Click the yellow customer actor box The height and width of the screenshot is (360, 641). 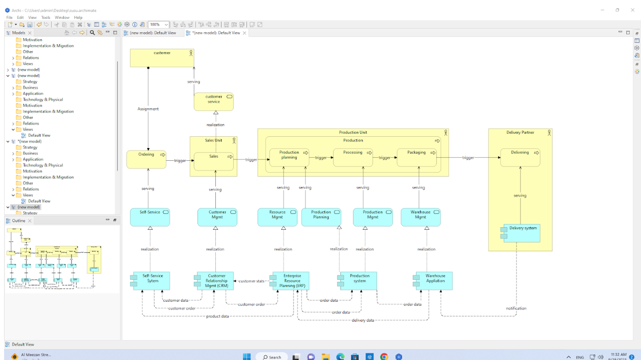tap(162, 58)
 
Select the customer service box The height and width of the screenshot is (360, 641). tap(213, 102)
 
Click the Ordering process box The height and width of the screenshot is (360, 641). tap(146, 159)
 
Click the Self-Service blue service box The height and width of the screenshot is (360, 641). tap(150, 217)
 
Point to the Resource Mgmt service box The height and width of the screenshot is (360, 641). tap(278, 217)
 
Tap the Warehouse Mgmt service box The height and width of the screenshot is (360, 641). tap(421, 217)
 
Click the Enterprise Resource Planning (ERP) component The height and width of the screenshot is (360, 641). tap(292, 281)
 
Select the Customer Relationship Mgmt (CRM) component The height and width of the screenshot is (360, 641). tap(216, 281)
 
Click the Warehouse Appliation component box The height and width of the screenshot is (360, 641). tap(435, 281)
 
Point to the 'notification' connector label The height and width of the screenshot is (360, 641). tap(516, 308)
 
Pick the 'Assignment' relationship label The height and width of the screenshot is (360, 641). tap(148, 109)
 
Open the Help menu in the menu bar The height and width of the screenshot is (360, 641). tap(78, 17)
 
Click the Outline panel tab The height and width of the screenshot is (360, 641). tap(18, 221)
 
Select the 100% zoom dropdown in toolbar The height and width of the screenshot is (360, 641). tap(158, 25)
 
